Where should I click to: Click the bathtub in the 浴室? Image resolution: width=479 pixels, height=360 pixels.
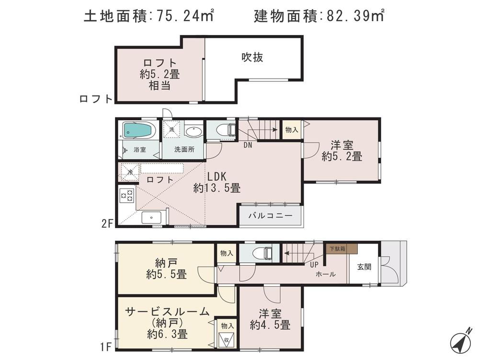[138, 130]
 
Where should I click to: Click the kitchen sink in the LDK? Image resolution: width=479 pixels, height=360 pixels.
[152, 217]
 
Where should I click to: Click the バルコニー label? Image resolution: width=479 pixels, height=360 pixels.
[270, 216]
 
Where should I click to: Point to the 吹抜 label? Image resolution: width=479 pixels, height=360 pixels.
[252, 58]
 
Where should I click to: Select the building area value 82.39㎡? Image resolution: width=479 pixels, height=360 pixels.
[353, 17]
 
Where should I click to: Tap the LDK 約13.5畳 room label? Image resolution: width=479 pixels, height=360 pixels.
[217, 182]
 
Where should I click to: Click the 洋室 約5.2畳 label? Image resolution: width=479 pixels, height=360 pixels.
[342, 150]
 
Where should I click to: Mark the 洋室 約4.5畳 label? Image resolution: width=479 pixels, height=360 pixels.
[270, 320]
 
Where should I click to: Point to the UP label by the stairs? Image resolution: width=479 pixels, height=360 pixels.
[314, 265]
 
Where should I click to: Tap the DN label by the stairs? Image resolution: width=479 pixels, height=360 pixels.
[248, 144]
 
